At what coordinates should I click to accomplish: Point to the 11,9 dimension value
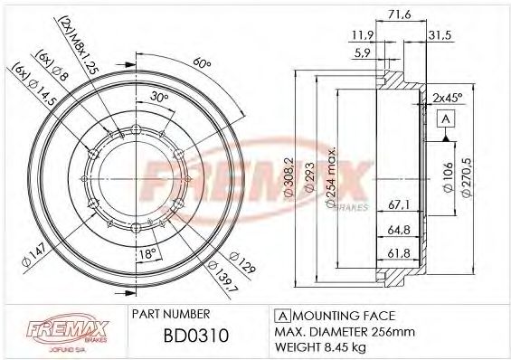tap(361, 35)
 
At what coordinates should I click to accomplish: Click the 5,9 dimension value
tap(361, 52)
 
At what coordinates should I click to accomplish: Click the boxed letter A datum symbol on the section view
tap(445, 119)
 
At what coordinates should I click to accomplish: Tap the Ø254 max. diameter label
tap(332, 179)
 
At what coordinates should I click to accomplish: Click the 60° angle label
tap(201, 64)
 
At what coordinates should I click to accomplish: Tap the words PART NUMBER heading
tap(173, 315)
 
